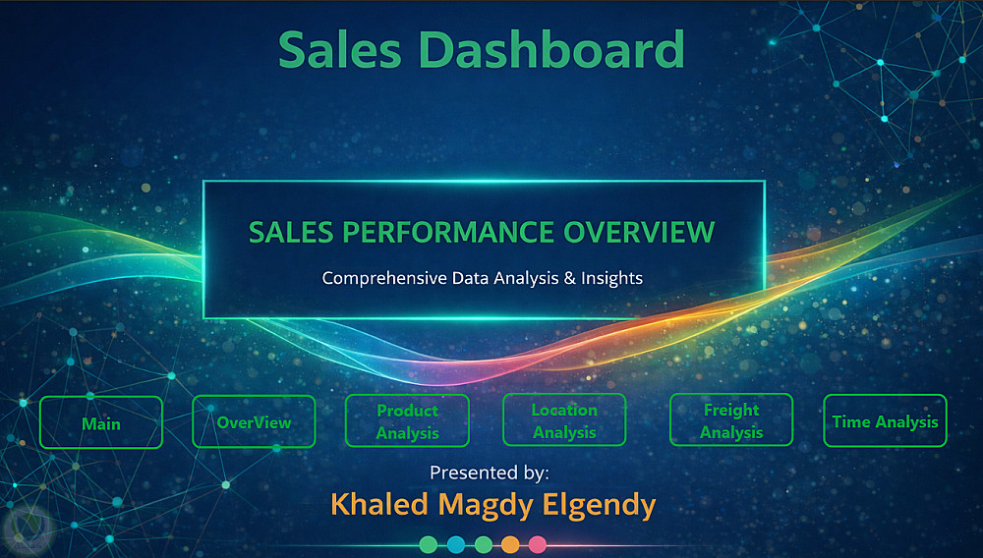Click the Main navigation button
coord(101,422)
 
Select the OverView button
coord(254,421)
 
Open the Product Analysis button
coord(407,420)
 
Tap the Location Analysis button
coord(564,419)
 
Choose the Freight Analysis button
coord(731,419)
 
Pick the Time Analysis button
coord(885,420)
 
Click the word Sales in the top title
coord(340,49)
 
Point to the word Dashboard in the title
coord(551,49)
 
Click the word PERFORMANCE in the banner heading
coord(447,233)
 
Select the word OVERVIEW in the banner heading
coord(639,233)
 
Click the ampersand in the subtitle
coord(569,277)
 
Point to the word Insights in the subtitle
coord(611,278)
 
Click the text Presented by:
coord(489,473)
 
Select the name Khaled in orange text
coord(379,504)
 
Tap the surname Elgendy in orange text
coord(599,505)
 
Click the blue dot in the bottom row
coord(456,544)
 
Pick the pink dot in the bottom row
coord(538,544)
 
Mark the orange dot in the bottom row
coord(510,544)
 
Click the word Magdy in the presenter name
coord(486,505)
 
